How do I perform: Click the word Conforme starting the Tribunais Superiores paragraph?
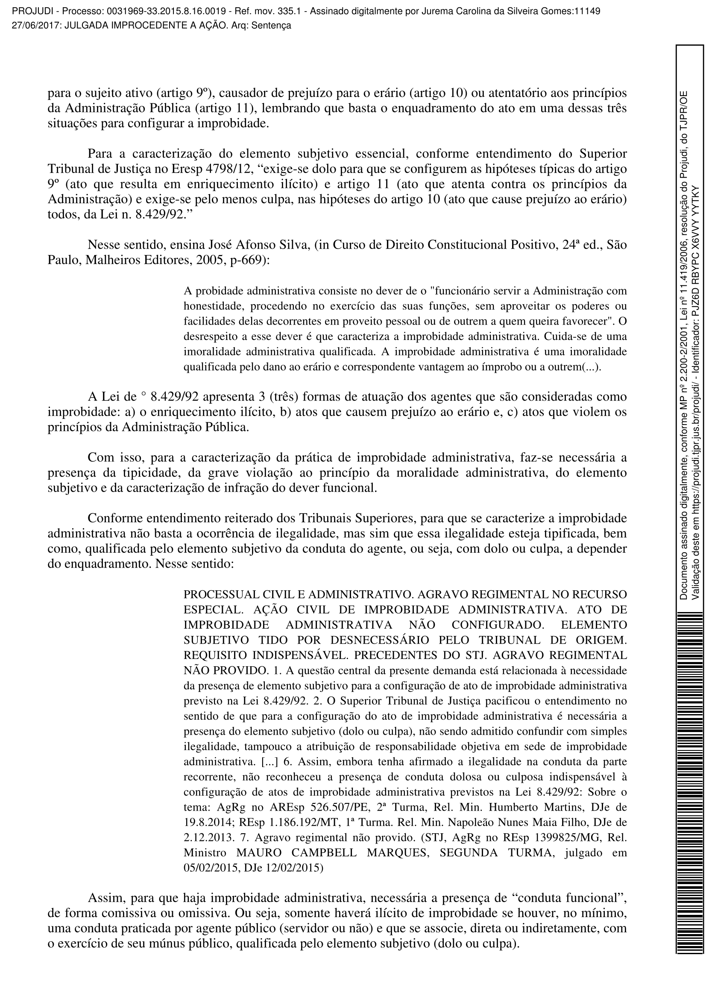click(x=115, y=518)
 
